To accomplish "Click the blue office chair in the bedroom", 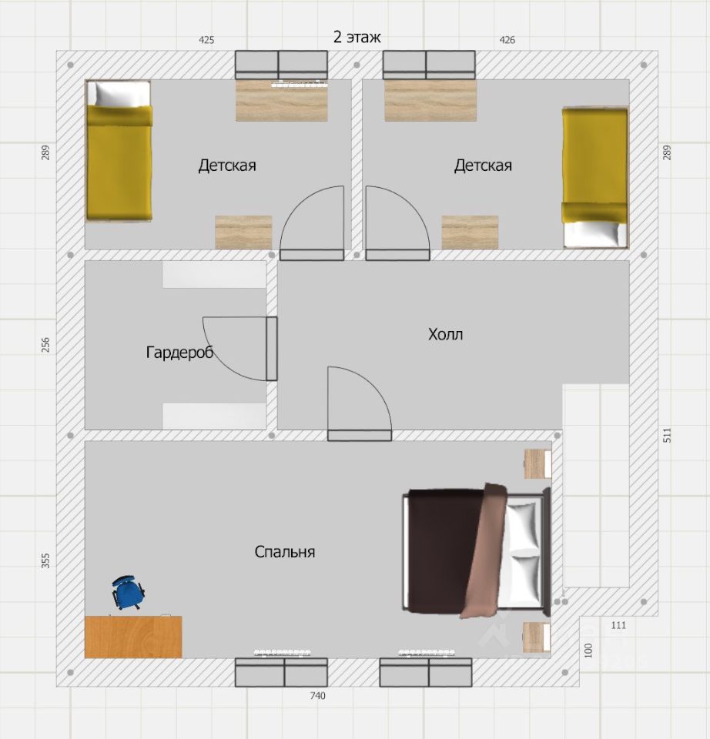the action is tap(128, 593).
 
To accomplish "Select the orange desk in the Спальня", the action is tap(133, 637).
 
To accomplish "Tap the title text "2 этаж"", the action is tap(357, 37).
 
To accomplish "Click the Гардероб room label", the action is tap(179, 352).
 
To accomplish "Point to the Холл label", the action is tap(446, 334).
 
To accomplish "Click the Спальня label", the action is tap(285, 551).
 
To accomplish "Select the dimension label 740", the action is tap(318, 696).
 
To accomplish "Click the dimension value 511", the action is tap(667, 435).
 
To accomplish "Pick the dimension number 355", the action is tap(45, 561).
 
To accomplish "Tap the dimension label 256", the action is tap(45, 345).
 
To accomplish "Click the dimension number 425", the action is tap(206, 40).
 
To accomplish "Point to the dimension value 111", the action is tap(618, 625).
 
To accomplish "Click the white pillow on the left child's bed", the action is tap(122, 94).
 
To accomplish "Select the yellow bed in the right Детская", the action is tap(595, 177).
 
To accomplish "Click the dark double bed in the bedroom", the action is tap(476, 550).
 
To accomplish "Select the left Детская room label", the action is tap(227, 166).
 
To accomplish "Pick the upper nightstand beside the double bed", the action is tap(538, 463).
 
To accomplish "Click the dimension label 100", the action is tap(588, 650).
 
